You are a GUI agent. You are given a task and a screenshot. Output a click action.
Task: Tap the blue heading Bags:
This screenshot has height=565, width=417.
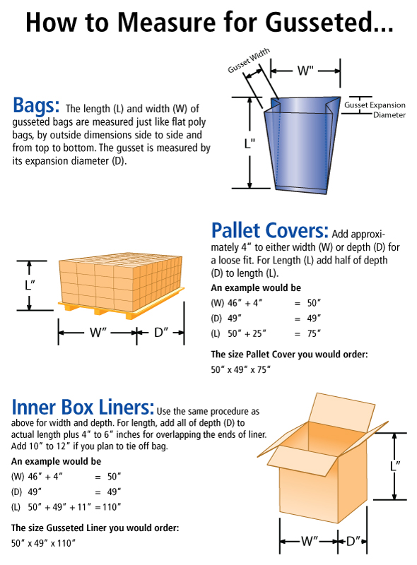tap(36, 105)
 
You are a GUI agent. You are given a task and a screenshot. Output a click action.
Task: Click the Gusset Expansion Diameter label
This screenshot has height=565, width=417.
tap(375, 109)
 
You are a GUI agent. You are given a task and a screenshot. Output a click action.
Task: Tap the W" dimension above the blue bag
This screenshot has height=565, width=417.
tap(305, 71)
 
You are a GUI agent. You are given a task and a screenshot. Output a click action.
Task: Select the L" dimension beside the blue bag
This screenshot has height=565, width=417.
tap(249, 143)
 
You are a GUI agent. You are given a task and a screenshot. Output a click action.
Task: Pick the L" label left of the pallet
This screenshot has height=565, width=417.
tap(29, 285)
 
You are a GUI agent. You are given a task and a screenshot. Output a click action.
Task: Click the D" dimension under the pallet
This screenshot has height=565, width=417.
tap(160, 332)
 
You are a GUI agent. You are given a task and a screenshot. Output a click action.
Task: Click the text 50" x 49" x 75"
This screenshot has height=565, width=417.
tap(240, 369)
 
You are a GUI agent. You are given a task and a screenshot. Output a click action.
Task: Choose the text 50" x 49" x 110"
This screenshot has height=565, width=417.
tap(43, 542)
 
